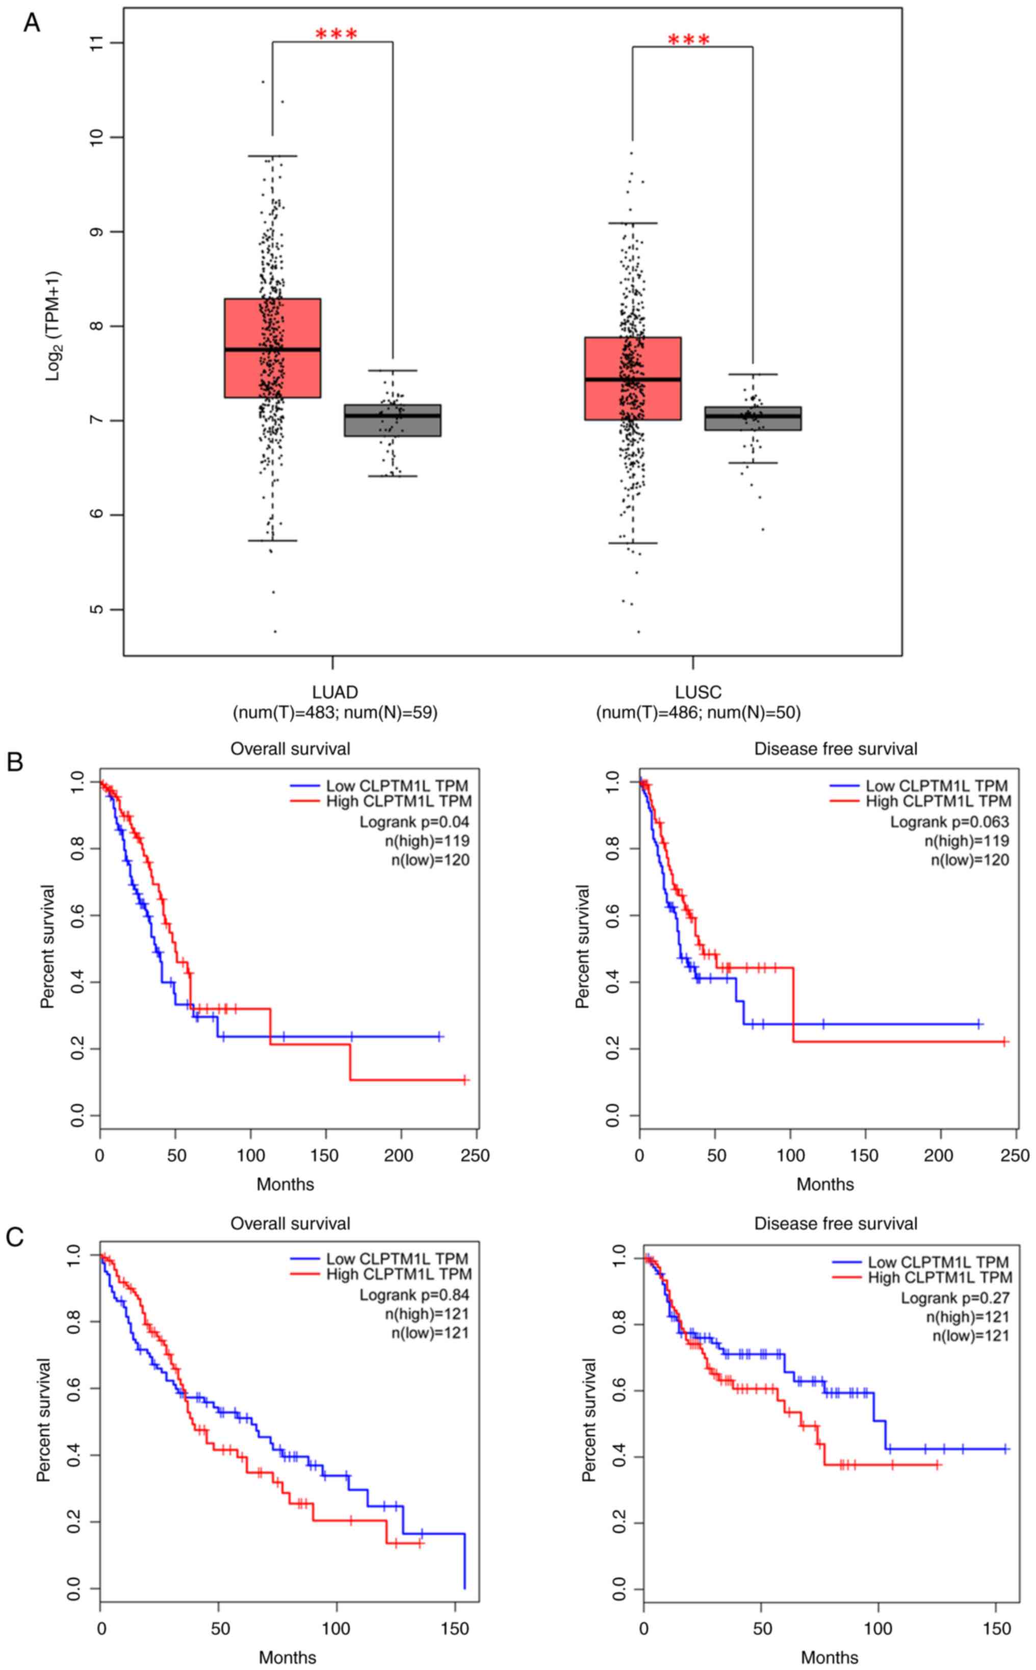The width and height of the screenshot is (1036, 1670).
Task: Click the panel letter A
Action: [x=32, y=22]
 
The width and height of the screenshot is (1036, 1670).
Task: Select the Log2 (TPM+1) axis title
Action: [x=53, y=326]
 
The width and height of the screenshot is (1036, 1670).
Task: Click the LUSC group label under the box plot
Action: [x=697, y=692]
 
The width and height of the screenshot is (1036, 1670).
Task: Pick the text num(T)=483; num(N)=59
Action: [x=335, y=713]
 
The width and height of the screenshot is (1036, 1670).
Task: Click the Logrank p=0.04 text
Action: [x=414, y=821]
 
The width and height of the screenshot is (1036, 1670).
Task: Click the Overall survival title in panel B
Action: [x=290, y=749]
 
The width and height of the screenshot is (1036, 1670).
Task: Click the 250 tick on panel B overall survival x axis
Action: [x=475, y=1155]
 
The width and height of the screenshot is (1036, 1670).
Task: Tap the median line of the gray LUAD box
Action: [x=392, y=415]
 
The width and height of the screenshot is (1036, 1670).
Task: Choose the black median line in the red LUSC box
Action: [x=632, y=379]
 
